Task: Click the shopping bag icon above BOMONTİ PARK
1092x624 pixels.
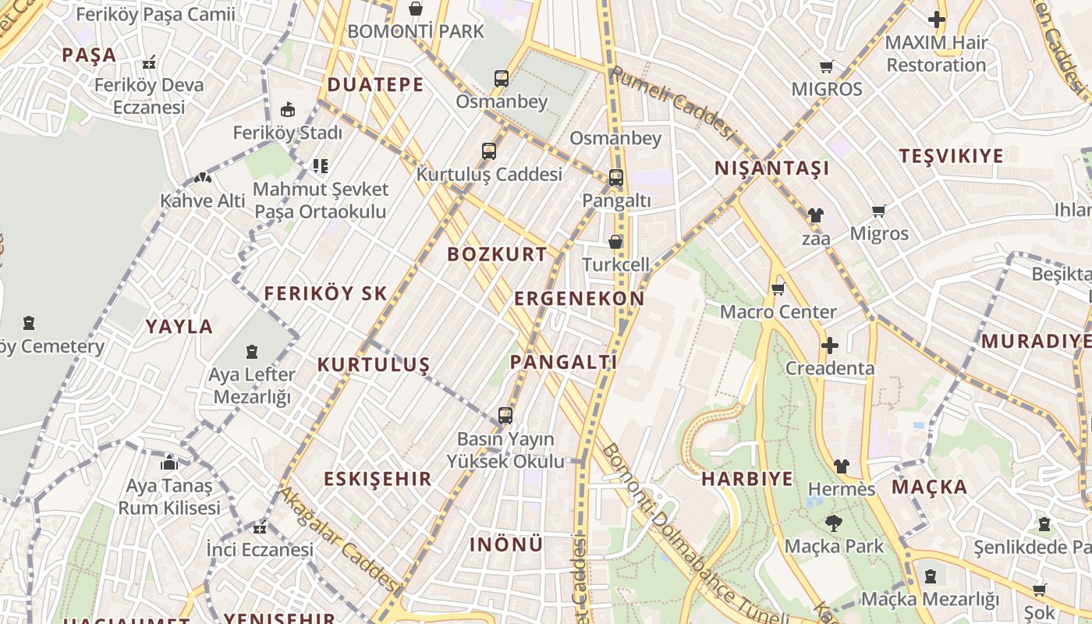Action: tap(416, 9)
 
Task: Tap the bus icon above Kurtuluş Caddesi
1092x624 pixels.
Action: tap(489, 151)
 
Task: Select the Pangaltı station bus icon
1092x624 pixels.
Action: tap(616, 178)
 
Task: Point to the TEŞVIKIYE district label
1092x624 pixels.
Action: tap(951, 155)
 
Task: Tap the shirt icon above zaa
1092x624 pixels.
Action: tap(815, 214)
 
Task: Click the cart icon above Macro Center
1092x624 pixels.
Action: tap(778, 289)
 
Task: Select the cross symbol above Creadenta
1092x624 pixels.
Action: tap(830, 345)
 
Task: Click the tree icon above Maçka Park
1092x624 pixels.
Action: tap(834, 523)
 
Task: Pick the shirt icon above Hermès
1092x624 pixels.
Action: tap(841, 466)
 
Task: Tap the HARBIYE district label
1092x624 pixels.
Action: tap(747, 479)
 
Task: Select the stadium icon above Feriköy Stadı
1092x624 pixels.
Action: tap(288, 109)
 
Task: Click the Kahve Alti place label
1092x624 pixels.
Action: tap(203, 200)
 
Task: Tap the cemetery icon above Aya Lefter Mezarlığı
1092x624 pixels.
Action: tap(252, 352)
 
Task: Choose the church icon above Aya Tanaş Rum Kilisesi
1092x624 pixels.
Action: tap(169, 463)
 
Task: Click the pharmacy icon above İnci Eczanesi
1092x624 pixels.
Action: tap(260, 527)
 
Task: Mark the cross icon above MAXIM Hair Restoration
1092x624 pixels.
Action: tap(936, 19)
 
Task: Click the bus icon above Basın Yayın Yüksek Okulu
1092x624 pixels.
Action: tap(505, 415)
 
